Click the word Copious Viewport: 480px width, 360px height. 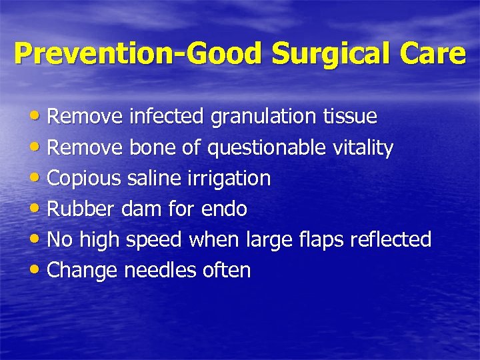click(85, 179)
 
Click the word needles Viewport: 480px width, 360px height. click(159, 271)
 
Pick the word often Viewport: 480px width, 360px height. click(229, 271)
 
